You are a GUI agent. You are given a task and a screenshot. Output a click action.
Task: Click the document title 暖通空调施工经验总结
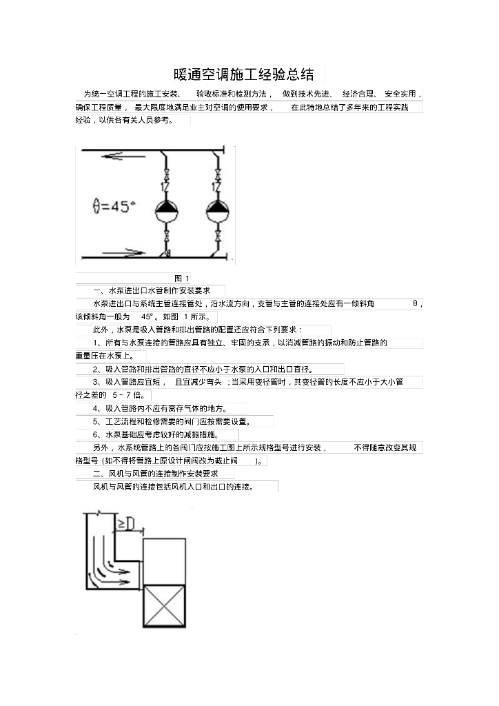[x=245, y=74]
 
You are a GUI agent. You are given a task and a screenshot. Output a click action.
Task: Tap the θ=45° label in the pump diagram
[x=114, y=205]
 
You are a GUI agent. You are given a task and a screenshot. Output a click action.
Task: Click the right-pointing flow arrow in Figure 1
[x=124, y=252]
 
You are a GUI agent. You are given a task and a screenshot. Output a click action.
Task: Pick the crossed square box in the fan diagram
[x=164, y=607]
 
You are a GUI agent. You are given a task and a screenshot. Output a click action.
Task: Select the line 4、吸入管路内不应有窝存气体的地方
[x=160, y=408]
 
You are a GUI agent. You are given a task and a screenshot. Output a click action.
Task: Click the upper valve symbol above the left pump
[x=166, y=172]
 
